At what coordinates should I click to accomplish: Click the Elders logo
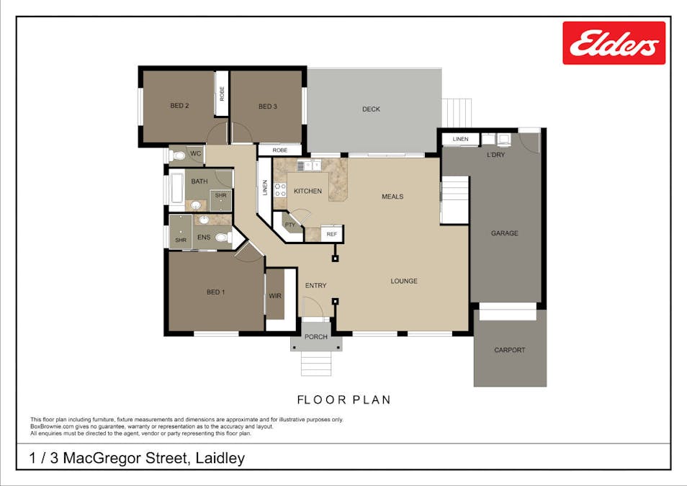(x=614, y=43)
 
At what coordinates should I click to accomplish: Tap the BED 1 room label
(x=215, y=292)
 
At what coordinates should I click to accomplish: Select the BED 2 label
(x=179, y=106)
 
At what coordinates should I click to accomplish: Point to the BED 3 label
(x=267, y=107)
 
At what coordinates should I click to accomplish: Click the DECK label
(x=371, y=109)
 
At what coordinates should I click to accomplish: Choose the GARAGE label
(x=504, y=233)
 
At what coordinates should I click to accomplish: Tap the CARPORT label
(x=509, y=350)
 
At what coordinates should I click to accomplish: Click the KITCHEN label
(x=307, y=191)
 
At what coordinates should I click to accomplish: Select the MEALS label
(x=392, y=197)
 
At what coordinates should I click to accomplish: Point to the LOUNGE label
(x=404, y=281)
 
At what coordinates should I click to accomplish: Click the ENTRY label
(x=315, y=286)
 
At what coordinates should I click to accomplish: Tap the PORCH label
(x=315, y=337)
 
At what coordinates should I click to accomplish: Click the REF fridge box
(x=331, y=234)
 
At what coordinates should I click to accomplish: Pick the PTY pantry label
(x=290, y=225)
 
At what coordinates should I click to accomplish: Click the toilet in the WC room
(x=178, y=154)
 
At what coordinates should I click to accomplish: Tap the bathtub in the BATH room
(x=176, y=190)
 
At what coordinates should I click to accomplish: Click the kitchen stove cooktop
(x=280, y=190)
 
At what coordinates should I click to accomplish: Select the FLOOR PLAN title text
(x=343, y=400)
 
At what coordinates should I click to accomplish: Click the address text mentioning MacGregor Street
(x=137, y=458)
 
